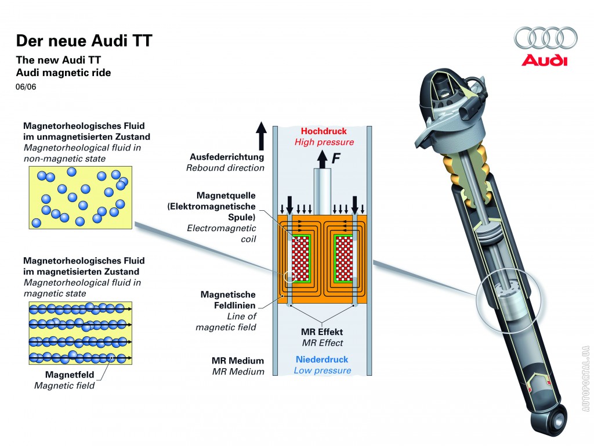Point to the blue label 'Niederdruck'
pos(322,359)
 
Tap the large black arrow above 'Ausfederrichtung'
pos(262,136)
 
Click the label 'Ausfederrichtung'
pos(227,157)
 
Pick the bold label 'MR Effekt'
pos(322,332)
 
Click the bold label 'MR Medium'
pos(238,361)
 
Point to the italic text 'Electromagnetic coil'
pos(221,233)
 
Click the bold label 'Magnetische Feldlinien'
pos(228,300)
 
